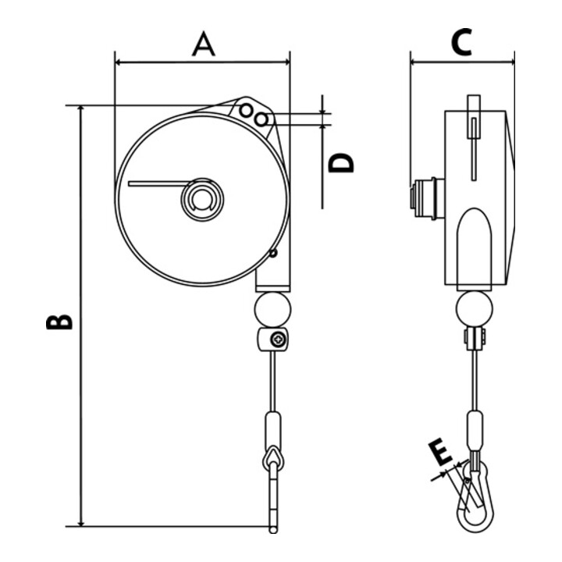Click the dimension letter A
pos(203,45)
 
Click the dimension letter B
pos(59,322)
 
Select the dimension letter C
pos(461,44)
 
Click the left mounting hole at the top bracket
pos(247,110)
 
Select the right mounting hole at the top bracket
pos(263,119)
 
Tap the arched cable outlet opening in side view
pos(474,246)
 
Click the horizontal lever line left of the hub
pos(158,183)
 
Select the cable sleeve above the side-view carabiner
pos(475,431)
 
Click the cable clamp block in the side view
pos(474,340)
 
